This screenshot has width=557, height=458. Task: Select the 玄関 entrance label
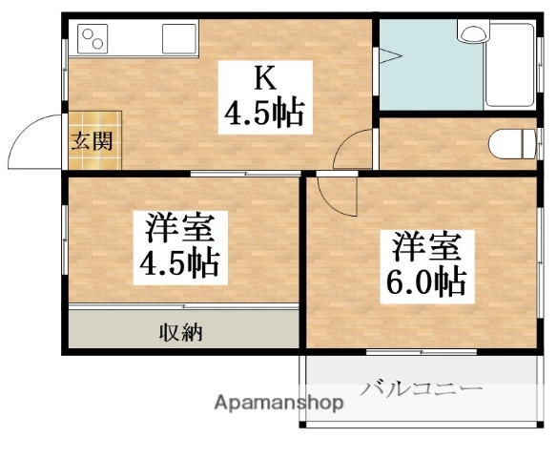coord(94,141)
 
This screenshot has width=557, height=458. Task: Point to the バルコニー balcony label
coord(422,388)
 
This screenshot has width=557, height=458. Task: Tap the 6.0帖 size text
coord(426,281)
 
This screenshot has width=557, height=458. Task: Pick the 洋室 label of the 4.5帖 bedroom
coord(181,229)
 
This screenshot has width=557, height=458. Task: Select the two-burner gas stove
coord(93,38)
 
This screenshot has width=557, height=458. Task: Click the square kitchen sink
coord(179,39)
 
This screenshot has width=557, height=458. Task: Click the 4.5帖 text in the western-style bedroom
coord(181,262)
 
